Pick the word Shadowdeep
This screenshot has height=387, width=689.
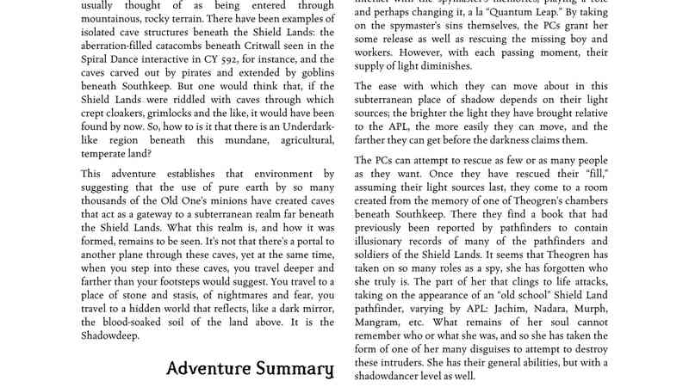click(x=102, y=335)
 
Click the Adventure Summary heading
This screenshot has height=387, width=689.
click(x=250, y=369)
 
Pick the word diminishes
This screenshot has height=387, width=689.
click(x=440, y=66)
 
